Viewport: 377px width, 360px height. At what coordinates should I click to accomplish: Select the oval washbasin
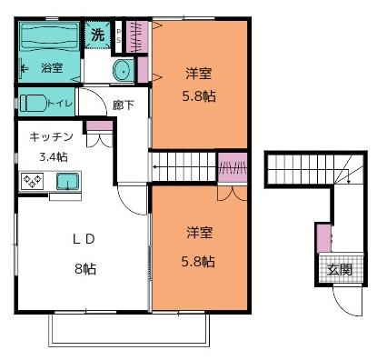(x=122, y=69)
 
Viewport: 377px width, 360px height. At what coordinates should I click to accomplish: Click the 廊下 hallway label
(x=123, y=105)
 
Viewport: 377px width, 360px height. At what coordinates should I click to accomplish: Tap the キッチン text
(x=51, y=136)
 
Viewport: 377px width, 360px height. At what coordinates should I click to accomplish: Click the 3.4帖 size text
(x=52, y=155)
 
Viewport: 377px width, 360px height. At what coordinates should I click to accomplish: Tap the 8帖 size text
(x=84, y=268)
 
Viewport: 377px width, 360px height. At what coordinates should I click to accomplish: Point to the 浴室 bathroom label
(x=51, y=67)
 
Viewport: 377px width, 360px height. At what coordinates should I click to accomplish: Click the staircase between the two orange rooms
(x=182, y=167)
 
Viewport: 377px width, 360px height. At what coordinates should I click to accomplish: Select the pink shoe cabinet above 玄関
(x=324, y=238)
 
